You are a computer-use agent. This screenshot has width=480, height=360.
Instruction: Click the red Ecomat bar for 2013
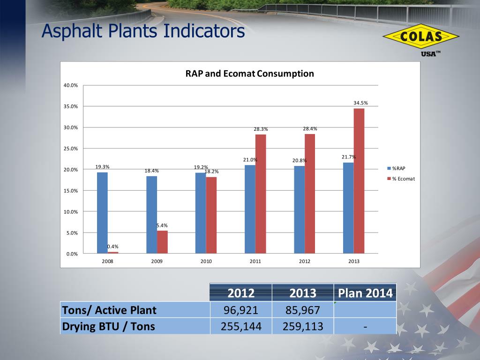coord(359,181)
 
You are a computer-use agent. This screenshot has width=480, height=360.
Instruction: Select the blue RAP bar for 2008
coord(102,213)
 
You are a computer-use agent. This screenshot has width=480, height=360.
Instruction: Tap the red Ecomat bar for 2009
coord(162,242)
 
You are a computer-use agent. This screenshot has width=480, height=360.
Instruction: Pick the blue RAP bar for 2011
coord(250,210)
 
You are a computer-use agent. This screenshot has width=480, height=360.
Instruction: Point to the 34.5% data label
coord(360,103)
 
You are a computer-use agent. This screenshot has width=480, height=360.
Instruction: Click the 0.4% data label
coord(112,247)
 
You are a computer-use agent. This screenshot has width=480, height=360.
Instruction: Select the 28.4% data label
coord(310,128)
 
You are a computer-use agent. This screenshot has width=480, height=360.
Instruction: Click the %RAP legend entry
coord(397,168)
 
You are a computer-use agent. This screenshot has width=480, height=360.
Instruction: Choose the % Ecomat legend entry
coord(401,179)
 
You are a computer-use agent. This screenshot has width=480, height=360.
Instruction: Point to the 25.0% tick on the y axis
coord(71,149)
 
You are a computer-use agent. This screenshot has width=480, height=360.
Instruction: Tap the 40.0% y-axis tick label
coord(71,85)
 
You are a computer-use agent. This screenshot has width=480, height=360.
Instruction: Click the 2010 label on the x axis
coord(206,261)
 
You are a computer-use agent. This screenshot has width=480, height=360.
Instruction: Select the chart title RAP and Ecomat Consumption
coord(250,74)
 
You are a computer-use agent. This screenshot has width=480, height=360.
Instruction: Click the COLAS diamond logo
coord(421,36)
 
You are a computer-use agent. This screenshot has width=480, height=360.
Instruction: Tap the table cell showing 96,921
coord(241,310)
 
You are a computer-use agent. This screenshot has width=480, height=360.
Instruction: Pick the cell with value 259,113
coord(303,326)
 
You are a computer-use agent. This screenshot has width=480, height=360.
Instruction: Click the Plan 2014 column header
coord(365,293)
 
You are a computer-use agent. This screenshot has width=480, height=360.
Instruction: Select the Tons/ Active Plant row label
coord(109,310)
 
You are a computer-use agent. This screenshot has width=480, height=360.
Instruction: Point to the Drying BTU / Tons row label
coord(108,326)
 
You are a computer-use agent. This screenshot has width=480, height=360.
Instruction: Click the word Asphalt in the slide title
coord(72,31)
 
